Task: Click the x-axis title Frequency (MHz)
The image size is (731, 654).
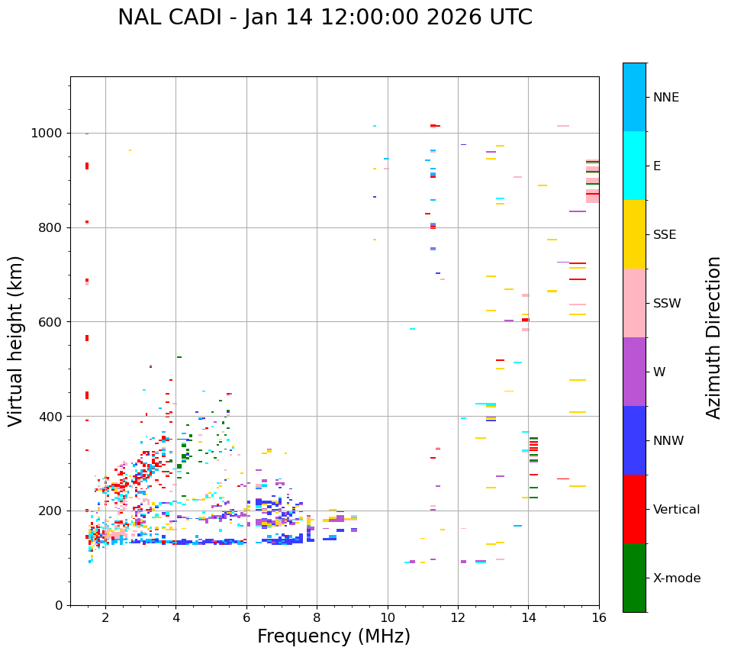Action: [x=333, y=636]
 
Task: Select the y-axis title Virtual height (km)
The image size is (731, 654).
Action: [x=16, y=340]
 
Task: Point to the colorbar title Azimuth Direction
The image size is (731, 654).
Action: [x=713, y=337]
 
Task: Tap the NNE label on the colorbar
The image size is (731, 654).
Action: [x=665, y=98]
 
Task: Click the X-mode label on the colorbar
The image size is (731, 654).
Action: [x=676, y=578]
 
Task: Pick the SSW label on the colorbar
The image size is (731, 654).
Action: [x=667, y=304]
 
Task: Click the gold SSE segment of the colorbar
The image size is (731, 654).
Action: [x=634, y=234]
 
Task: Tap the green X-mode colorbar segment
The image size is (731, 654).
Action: [x=634, y=578]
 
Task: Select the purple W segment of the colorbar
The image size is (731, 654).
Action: [x=634, y=372]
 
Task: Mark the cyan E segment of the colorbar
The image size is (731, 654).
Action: [x=634, y=166]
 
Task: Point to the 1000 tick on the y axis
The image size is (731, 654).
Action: [x=50, y=134]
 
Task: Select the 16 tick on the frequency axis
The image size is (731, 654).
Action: [x=599, y=617]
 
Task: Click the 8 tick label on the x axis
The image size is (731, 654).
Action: [x=317, y=617]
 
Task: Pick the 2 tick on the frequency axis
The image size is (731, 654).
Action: [x=105, y=617]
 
